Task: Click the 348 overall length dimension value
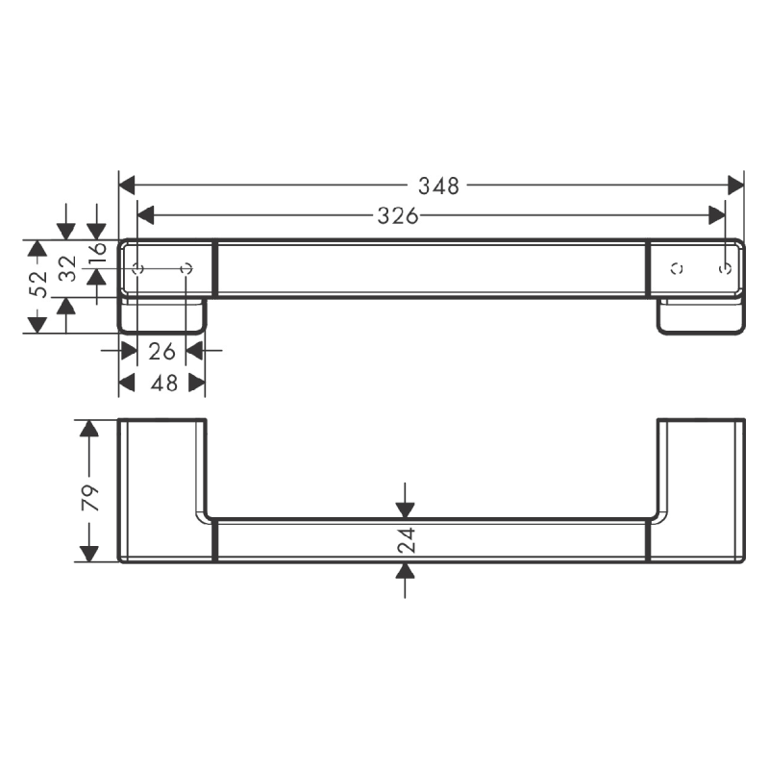click(x=440, y=186)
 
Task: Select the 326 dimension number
click(x=397, y=216)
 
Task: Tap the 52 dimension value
click(x=37, y=285)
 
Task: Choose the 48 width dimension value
click(x=164, y=384)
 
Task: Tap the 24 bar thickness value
click(x=406, y=540)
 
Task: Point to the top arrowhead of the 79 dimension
click(x=89, y=429)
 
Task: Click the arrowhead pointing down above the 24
click(x=406, y=509)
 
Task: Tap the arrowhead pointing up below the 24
click(x=406, y=572)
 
